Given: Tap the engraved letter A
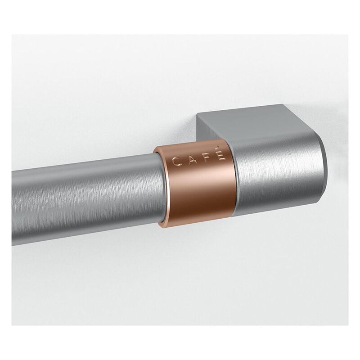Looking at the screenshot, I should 190,159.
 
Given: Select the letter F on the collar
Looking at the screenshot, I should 206,157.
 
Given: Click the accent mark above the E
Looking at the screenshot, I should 220,149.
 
